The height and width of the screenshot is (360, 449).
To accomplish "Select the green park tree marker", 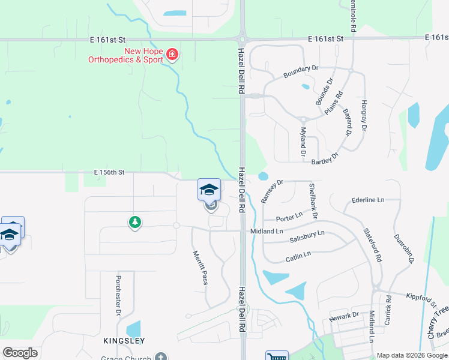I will pos(135,223).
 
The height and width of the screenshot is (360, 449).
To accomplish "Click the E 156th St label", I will pos(109,172).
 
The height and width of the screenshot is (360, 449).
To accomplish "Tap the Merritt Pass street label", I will pos(200,268).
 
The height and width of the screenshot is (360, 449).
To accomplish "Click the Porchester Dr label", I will pos(118,296).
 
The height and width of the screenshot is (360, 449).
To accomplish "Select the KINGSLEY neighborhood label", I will pos(124,341).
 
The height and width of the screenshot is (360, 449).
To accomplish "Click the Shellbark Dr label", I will pos(313,200).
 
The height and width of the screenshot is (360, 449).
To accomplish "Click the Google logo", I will pos(20,352).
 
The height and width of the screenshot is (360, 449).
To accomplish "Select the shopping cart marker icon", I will pos(276,356).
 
